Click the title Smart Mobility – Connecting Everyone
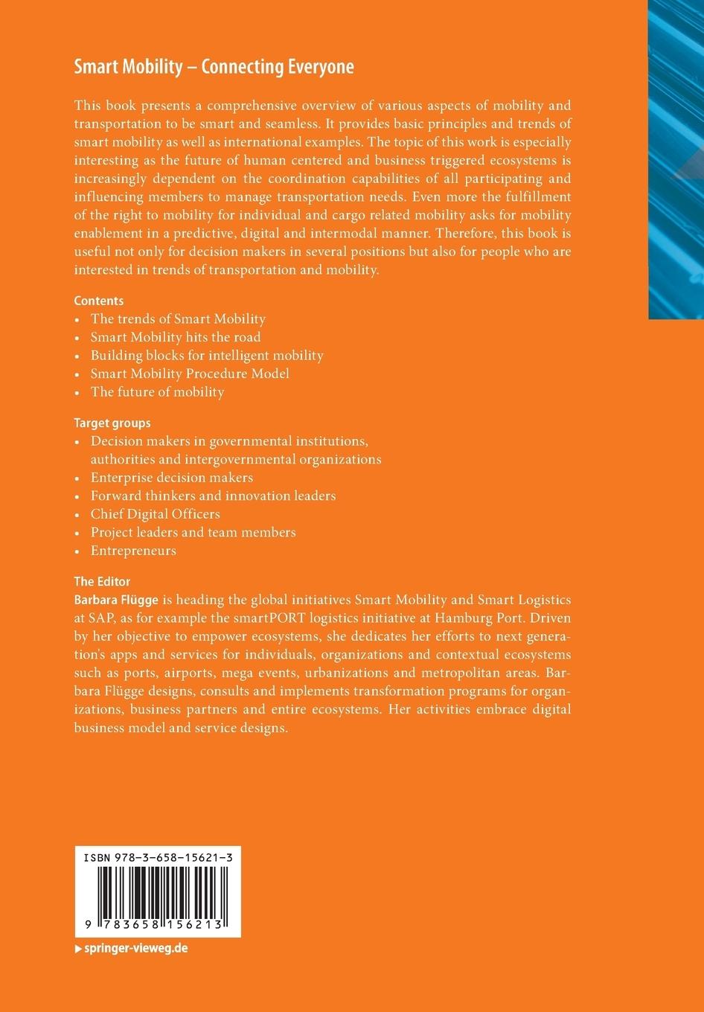coord(214,68)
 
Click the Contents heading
coord(98,301)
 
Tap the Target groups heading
coord(112,423)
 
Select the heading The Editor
coord(102,581)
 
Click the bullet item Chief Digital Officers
coord(155,514)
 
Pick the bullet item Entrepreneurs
coord(133,551)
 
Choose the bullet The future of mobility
coord(157,392)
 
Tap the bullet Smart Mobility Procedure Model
coord(190,374)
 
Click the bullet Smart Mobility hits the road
coord(176,337)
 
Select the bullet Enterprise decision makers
coord(172,478)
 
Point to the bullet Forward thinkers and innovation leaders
coord(213,496)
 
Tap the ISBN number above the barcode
coord(158,858)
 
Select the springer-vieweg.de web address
coord(135,949)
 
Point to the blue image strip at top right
coord(676,156)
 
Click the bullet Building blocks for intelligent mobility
coord(207,356)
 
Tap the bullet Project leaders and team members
coord(193,532)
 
